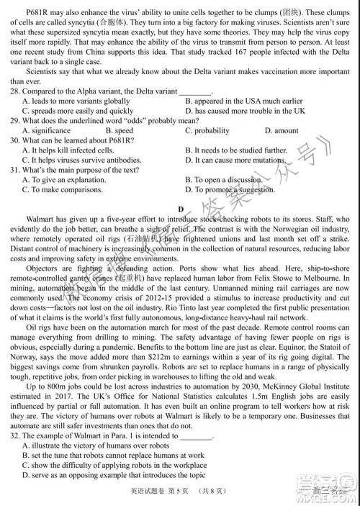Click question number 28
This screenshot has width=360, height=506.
pos(15,92)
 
